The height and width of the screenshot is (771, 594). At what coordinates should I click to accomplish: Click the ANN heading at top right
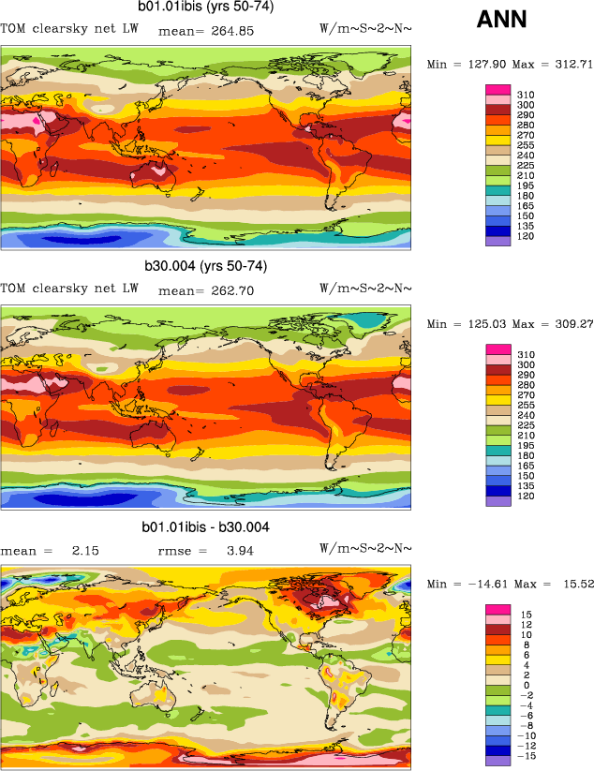click(501, 19)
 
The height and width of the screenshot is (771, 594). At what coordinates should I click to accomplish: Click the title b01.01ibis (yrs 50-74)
click(205, 7)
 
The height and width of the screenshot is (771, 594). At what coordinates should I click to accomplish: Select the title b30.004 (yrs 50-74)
click(205, 266)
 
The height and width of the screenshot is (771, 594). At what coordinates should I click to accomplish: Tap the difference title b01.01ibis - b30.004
click(205, 527)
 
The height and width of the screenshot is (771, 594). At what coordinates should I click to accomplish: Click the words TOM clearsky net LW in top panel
click(69, 30)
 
